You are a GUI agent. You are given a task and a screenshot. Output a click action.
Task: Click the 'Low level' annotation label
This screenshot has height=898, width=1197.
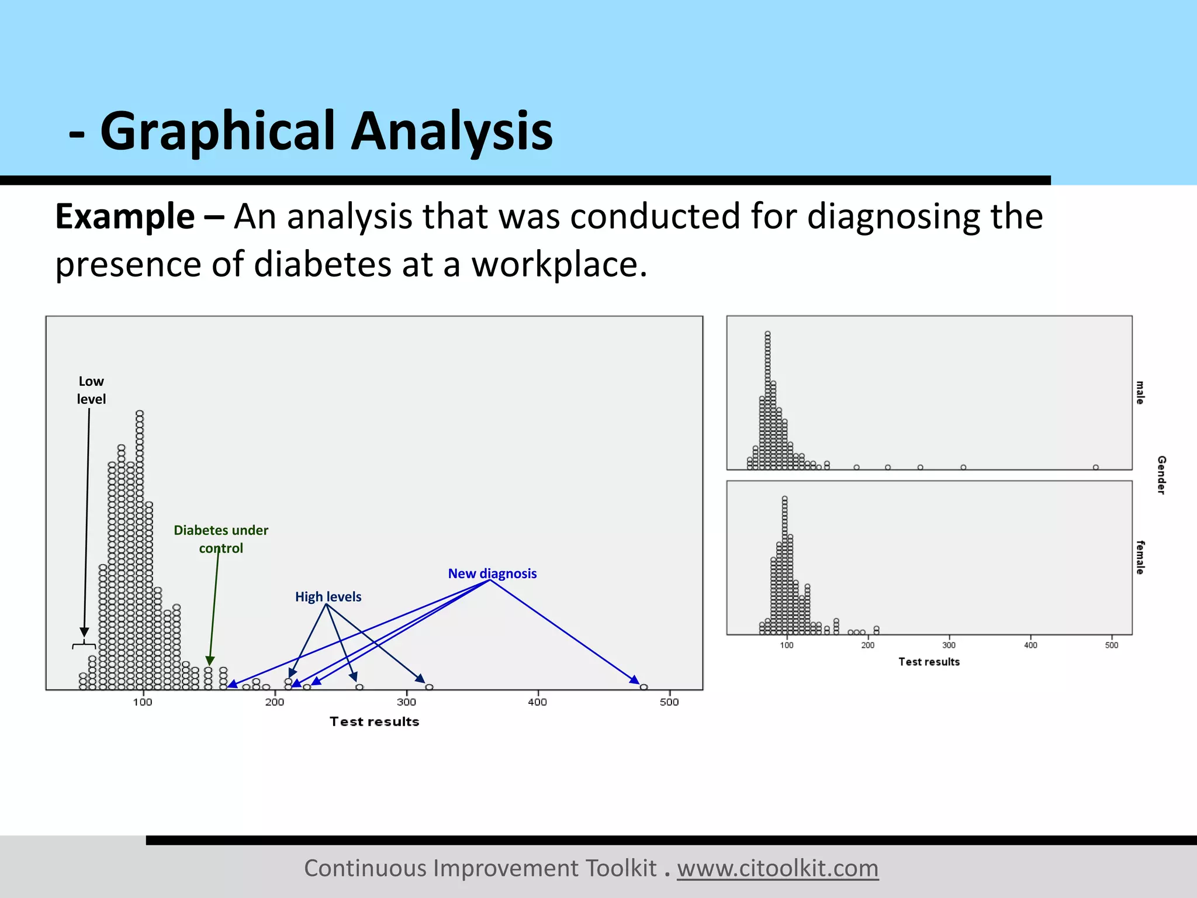tap(91, 390)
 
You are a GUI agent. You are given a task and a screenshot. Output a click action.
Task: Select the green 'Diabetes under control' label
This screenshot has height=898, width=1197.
tap(221, 538)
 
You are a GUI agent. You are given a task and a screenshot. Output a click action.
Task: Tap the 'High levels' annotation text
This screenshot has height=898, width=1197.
tap(328, 596)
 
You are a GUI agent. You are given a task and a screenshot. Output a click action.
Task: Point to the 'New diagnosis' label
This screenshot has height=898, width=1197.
tap(492, 574)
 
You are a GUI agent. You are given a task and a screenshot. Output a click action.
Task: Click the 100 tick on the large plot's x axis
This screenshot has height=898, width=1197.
tap(143, 702)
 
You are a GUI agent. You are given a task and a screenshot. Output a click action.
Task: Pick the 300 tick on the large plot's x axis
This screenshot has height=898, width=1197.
tap(406, 702)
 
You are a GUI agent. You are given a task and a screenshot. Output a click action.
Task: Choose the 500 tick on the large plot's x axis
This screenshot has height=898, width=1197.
tap(669, 702)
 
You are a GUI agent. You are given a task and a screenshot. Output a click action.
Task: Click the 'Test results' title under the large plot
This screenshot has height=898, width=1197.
tap(374, 721)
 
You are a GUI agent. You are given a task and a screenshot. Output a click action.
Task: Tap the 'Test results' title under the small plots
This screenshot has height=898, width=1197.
tap(929, 662)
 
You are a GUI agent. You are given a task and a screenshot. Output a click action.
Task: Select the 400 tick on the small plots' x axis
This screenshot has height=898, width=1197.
tap(1030, 645)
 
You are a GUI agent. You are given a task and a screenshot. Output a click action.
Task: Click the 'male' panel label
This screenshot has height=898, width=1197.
tap(1140, 392)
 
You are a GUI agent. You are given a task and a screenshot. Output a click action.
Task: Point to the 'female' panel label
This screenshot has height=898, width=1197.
tap(1140, 557)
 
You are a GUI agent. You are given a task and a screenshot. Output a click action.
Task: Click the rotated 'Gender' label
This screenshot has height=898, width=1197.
tap(1161, 475)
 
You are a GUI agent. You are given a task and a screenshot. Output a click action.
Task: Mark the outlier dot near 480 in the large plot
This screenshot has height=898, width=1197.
tap(644, 687)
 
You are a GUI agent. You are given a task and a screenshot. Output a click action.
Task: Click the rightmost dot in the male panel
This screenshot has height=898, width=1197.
tap(1096, 467)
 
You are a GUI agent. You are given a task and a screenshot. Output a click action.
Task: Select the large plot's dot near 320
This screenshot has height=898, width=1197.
tap(430, 687)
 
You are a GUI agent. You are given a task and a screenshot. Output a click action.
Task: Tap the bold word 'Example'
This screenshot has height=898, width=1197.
tap(124, 216)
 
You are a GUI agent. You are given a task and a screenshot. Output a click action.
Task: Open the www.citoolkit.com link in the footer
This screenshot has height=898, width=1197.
tap(777, 868)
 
